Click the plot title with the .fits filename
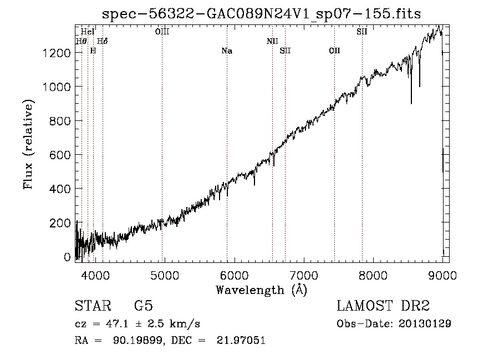(261, 14)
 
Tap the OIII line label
(162, 32)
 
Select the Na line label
(227, 51)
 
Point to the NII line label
(272, 41)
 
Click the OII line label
(334, 51)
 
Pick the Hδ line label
(102, 41)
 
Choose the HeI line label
(88, 32)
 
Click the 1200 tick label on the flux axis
(57, 53)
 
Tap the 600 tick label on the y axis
(60, 155)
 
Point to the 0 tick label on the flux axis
(67, 257)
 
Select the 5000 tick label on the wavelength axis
(165, 275)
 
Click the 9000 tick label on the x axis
(442, 275)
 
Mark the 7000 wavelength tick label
(304, 275)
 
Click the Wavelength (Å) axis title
(261, 290)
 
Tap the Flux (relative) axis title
(28, 145)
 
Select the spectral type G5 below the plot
(144, 306)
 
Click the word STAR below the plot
(93, 306)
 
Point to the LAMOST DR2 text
(383, 306)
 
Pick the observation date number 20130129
(425, 324)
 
